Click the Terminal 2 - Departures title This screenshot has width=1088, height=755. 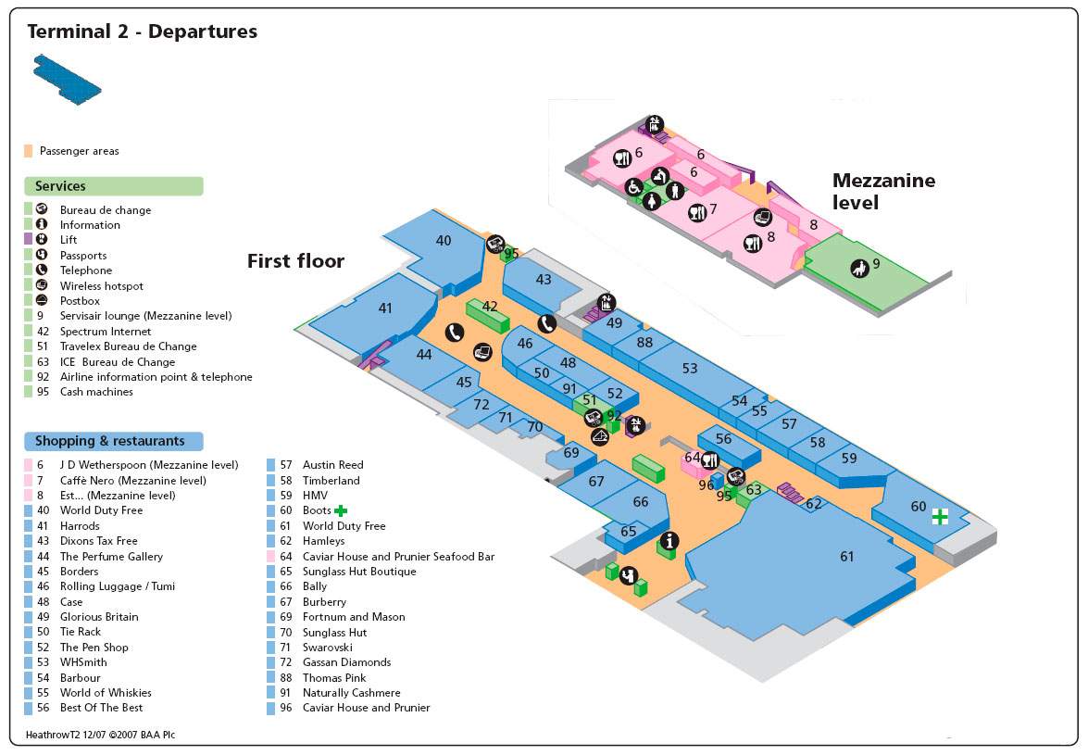142,31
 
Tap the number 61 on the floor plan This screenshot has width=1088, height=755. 846,557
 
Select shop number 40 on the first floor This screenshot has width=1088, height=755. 444,241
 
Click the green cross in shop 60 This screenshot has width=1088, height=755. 940,517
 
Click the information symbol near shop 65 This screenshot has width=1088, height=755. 668,541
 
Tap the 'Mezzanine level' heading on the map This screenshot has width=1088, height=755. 883,191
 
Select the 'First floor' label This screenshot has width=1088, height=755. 295,261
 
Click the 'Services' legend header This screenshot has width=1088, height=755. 60,186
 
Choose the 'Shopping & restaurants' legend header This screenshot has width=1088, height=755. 110,441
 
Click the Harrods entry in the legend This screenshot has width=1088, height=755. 80,526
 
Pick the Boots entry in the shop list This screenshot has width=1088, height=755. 317,510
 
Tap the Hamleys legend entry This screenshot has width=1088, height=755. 323,541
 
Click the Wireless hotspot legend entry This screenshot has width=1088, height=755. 102,286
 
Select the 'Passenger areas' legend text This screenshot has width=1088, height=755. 79,151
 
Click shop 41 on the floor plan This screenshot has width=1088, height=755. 385,308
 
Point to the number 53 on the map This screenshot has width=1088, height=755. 690,369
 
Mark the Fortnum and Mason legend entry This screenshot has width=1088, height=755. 354,617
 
